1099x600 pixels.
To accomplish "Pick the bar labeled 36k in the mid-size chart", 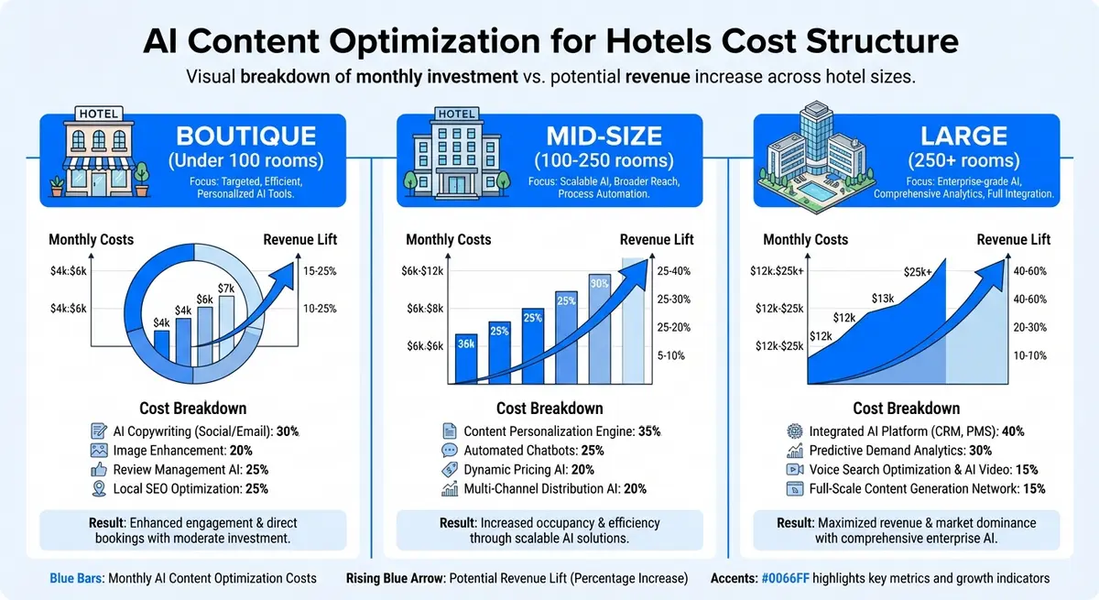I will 465,358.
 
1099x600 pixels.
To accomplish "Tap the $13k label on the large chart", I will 882,298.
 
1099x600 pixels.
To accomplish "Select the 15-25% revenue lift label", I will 321,270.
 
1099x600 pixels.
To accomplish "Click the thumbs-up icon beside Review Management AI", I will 99,470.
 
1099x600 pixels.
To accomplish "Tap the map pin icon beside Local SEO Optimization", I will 99,489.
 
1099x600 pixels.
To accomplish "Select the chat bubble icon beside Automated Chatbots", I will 449,451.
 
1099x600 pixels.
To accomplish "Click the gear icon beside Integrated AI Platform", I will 794,431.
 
